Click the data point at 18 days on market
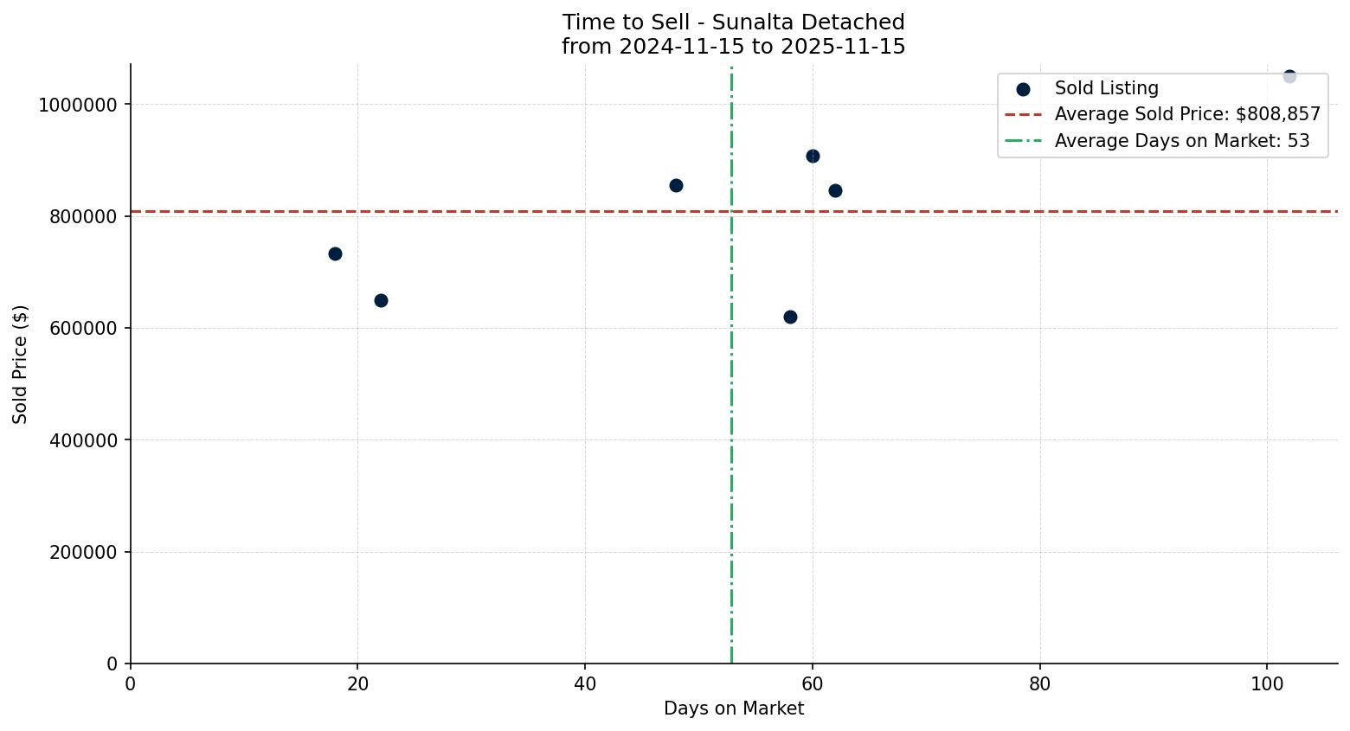[x=335, y=253]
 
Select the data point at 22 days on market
[x=381, y=300]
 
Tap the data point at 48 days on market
[x=676, y=185]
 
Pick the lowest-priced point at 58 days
[x=790, y=317]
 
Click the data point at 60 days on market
[x=813, y=156]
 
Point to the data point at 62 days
[x=835, y=190]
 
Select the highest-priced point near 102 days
[x=1289, y=76]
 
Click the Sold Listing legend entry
[x=1105, y=88]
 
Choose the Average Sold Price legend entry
[x=1186, y=114]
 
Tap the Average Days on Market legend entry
[x=1181, y=141]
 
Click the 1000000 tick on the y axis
[x=78, y=105]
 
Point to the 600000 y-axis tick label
[x=82, y=329]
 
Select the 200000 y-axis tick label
[x=82, y=552]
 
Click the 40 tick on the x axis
[x=585, y=683]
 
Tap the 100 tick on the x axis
[x=1267, y=683]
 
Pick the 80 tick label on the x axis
[x=1039, y=683]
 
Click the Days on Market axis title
[x=733, y=709]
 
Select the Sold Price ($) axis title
[x=20, y=364]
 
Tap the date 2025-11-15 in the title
[x=842, y=47]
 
